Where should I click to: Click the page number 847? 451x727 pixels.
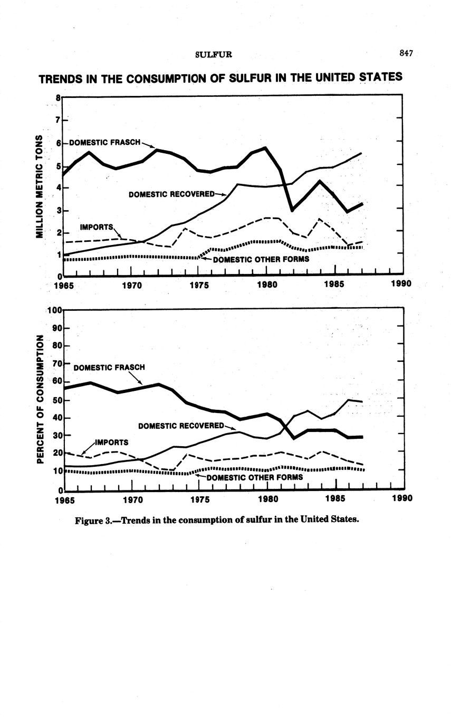click(405, 53)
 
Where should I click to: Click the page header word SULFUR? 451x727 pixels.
click(214, 54)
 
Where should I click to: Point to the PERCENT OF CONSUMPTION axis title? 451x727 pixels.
click(39, 399)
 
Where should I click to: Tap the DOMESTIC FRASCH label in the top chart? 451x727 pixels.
click(105, 142)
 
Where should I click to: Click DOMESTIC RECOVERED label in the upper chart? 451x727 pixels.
click(171, 194)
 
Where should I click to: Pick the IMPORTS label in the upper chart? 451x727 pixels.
click(96, 227)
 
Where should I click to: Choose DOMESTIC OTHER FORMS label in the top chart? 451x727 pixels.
click(261, 259)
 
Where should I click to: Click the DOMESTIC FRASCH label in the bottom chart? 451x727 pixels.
click(109, 367)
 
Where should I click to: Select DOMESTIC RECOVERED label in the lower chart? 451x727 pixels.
click(181, 425)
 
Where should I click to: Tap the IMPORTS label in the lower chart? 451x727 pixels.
click(111, 442)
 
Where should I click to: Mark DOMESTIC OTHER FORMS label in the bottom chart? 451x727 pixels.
click(255, 477)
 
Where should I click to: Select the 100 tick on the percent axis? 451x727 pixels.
click(55, 310)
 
